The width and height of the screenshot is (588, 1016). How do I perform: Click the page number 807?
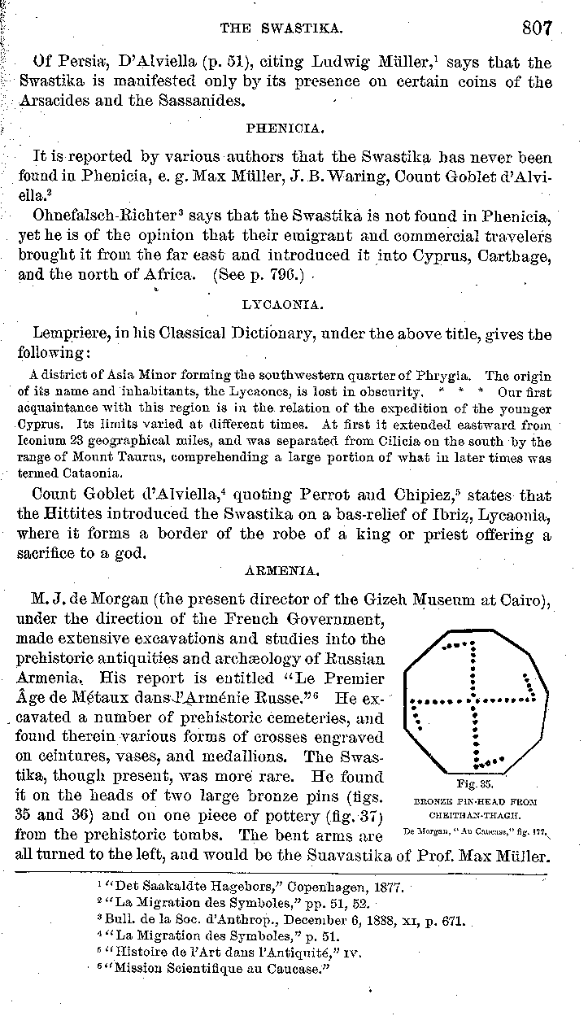coord(538,28)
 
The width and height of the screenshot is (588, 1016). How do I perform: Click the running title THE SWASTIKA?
coord(280,28)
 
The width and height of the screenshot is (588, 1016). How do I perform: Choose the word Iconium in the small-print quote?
coord(41,442)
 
